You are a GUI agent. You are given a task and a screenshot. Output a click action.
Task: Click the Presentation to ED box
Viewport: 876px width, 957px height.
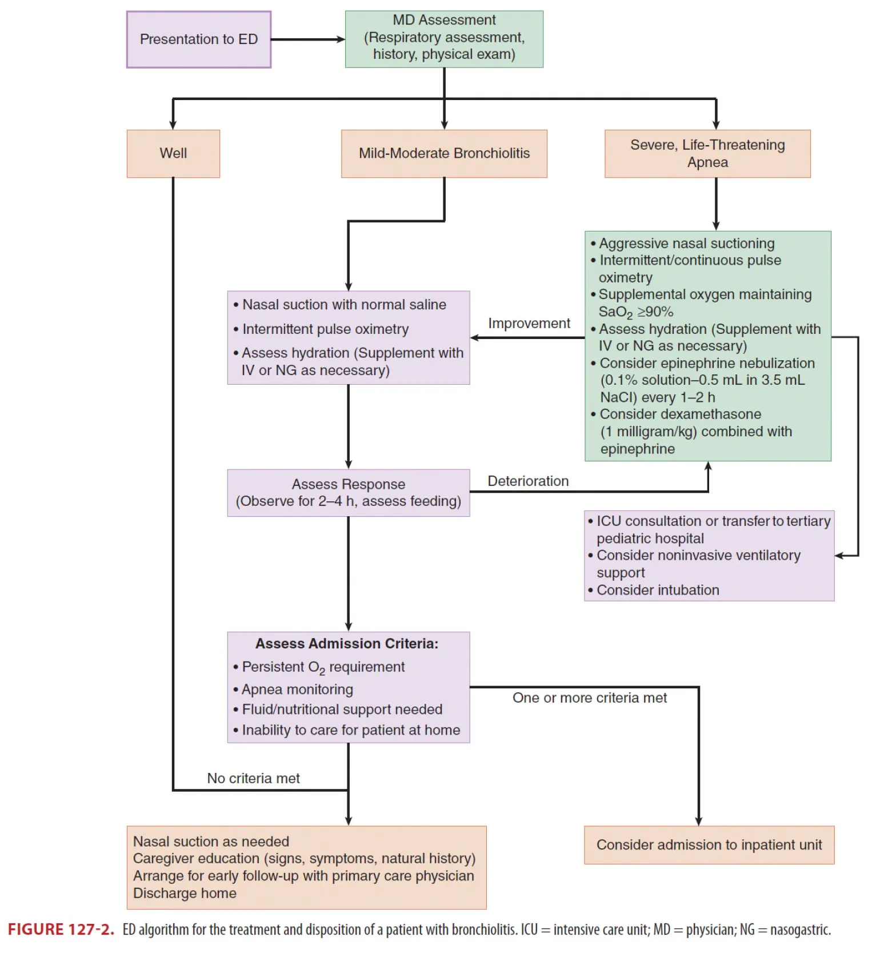pyautogui.click(x=198, y=39)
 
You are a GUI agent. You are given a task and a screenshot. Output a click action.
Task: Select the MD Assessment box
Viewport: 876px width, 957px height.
pyautogui.click(x=444, y=39)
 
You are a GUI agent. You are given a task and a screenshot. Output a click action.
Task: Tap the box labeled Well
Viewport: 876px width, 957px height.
pyautogui.click(x=173, y=153)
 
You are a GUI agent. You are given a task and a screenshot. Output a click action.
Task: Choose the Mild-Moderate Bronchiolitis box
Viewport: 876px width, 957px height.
pyautogui.click(x=444, y=153)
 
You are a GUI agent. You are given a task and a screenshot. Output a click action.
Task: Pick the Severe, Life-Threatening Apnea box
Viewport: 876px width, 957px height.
pyautogui.click(x=707, y=153)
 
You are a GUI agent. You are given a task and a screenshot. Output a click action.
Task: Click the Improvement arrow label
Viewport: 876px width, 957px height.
pyautogui.click(x=529, y=324)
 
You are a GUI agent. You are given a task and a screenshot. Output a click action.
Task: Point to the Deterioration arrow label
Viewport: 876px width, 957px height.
pyautogui.click(x=528, y=481)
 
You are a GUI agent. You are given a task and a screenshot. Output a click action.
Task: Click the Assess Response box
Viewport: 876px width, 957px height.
pyautogui.click(x=349, y=493)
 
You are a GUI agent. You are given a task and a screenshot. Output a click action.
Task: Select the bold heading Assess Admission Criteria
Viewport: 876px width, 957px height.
pyautogui.click(x=347, y=644)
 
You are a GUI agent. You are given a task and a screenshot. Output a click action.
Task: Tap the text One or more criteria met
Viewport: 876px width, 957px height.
pyautogui.click(x=589, y=698)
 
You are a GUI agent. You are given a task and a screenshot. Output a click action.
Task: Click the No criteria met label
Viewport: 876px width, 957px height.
pyautogui.click(x=253, y=779)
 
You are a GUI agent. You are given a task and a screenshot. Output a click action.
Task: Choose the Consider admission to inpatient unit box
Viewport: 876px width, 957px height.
pyautogui.click(x=709, y=845)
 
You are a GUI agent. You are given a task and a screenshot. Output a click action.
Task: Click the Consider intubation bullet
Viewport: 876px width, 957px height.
pyautogui.click(x=657, y=590)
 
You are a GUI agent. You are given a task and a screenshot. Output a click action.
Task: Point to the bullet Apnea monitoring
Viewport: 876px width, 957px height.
pyautogui.click(x=297, y=689)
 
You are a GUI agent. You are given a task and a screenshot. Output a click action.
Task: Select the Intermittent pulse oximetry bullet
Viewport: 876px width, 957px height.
pyautogui.click(x=325, y=329)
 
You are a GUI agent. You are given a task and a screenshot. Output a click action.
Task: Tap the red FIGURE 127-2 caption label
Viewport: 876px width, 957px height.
pyautogui.click(x=61, y=930)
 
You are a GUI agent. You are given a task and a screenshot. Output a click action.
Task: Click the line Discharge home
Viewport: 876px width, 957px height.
pyautogui.click(x=185, y=893)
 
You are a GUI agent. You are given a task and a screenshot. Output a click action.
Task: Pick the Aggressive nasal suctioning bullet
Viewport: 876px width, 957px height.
pyautogui.click(x=686, y=244)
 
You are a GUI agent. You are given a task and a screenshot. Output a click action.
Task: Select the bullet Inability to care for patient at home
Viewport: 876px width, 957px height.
pyautogui.click(x=351, y=730)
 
